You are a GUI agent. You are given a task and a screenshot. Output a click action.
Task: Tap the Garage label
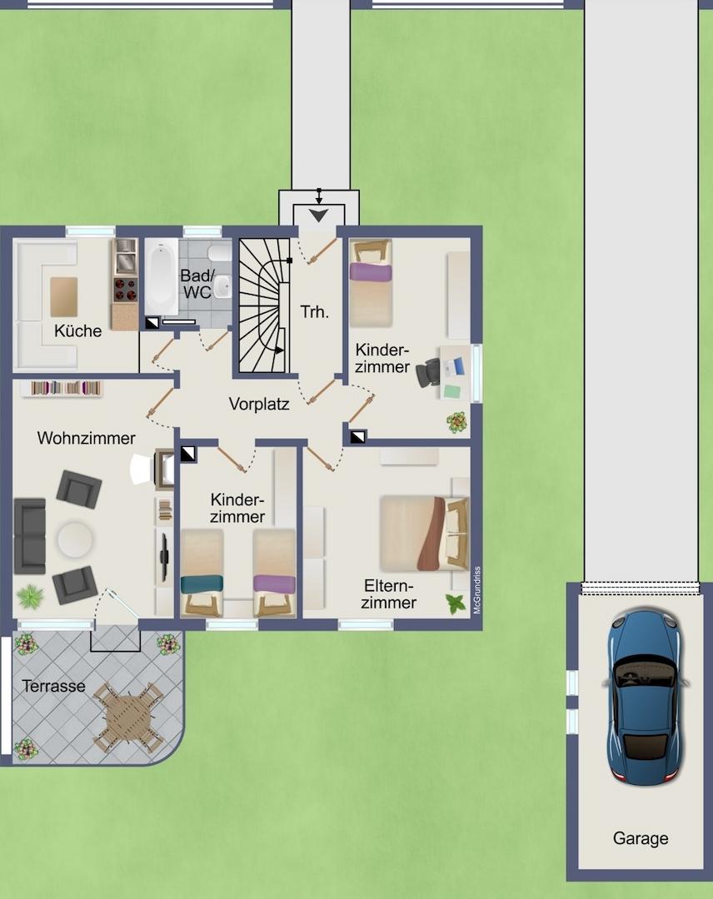(641, 838)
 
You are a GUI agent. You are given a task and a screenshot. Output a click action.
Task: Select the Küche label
(77, 330)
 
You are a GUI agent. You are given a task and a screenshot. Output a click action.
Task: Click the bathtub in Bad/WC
(162, 276)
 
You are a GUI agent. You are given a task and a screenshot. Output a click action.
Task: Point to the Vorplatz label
(259, 404)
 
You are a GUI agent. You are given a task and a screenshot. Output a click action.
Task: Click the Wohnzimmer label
(86, 438)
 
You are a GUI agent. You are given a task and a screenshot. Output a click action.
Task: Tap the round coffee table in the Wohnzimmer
(75, 539)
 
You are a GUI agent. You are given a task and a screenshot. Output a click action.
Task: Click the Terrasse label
(53, 686)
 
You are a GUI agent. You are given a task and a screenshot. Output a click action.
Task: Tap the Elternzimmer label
(389, 594)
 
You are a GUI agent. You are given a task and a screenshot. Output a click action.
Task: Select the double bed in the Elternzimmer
(425, 534)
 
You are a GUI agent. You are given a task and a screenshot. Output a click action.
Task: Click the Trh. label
(314, 312)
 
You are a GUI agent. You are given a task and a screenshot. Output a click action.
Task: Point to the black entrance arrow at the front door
(319, 216)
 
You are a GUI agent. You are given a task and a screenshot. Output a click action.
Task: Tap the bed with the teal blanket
(202, 574)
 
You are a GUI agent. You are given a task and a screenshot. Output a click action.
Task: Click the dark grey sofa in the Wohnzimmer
(30, 536)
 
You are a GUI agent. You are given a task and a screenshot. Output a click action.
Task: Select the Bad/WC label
(197, 284)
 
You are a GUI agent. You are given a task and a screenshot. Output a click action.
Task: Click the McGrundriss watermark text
(477, 590)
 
